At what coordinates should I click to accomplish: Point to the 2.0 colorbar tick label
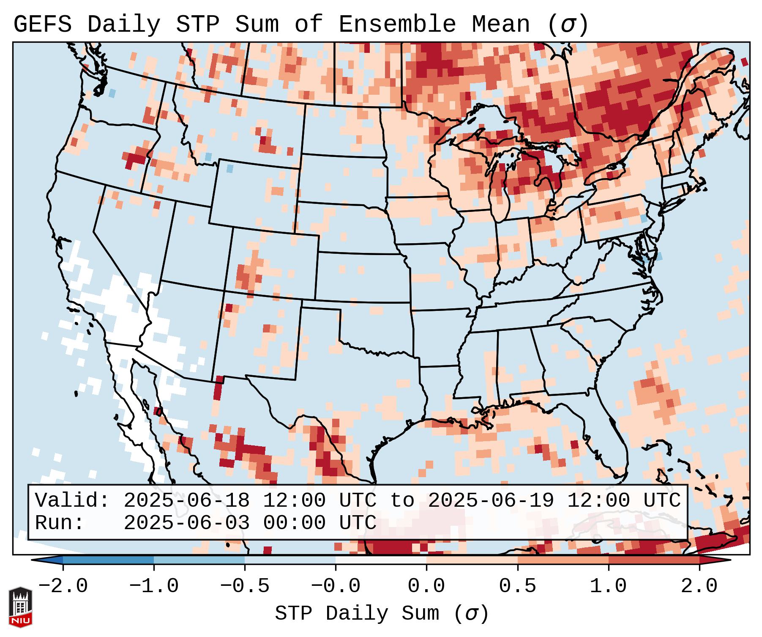(699, 587)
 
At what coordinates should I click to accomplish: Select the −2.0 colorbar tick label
(63, 587)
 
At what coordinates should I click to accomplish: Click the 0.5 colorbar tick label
(517, 587)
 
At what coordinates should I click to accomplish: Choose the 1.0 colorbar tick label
(608, 587)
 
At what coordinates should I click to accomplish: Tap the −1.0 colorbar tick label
(154, 587)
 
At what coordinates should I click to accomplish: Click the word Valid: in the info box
(72, 501)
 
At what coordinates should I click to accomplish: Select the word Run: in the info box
(59, 523)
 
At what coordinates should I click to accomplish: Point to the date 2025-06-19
(491, 501)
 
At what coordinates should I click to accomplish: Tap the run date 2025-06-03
(186, 523)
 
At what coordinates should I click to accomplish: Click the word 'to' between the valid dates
(402, 501)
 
